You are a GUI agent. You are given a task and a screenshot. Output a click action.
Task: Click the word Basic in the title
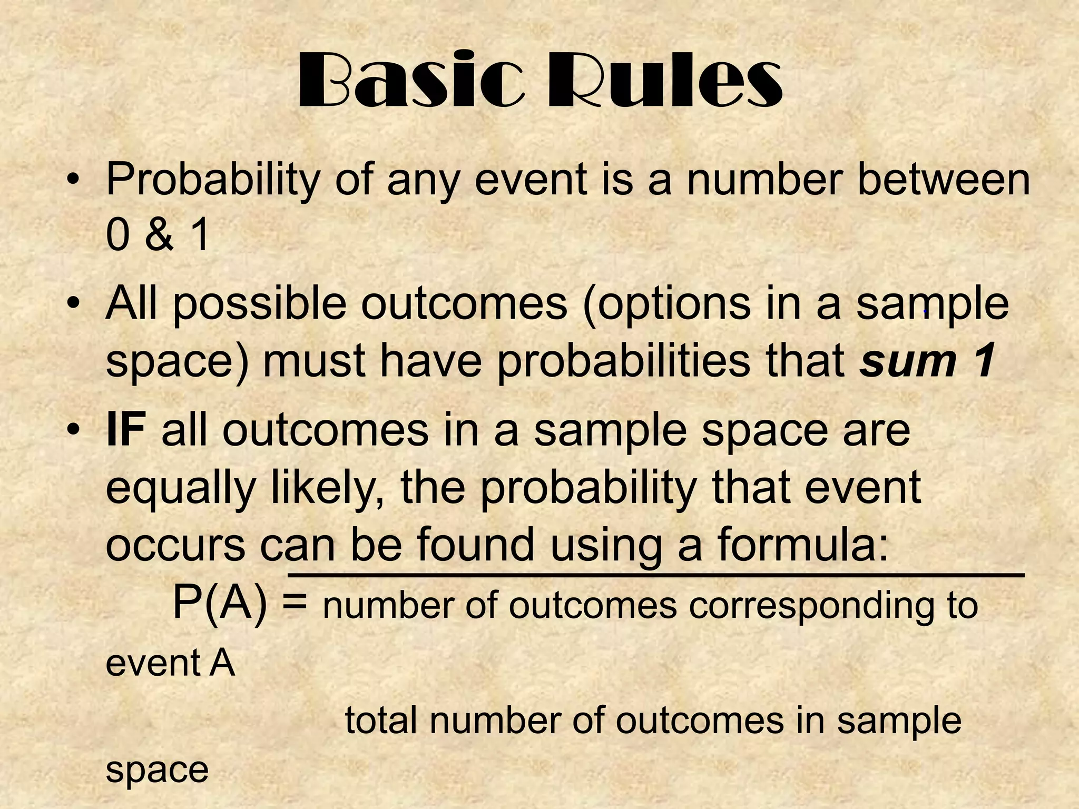pos(411,82)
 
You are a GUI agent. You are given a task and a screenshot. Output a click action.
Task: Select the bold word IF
pos(125,431)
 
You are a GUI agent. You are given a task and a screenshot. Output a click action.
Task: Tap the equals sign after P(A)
pos(294,603)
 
